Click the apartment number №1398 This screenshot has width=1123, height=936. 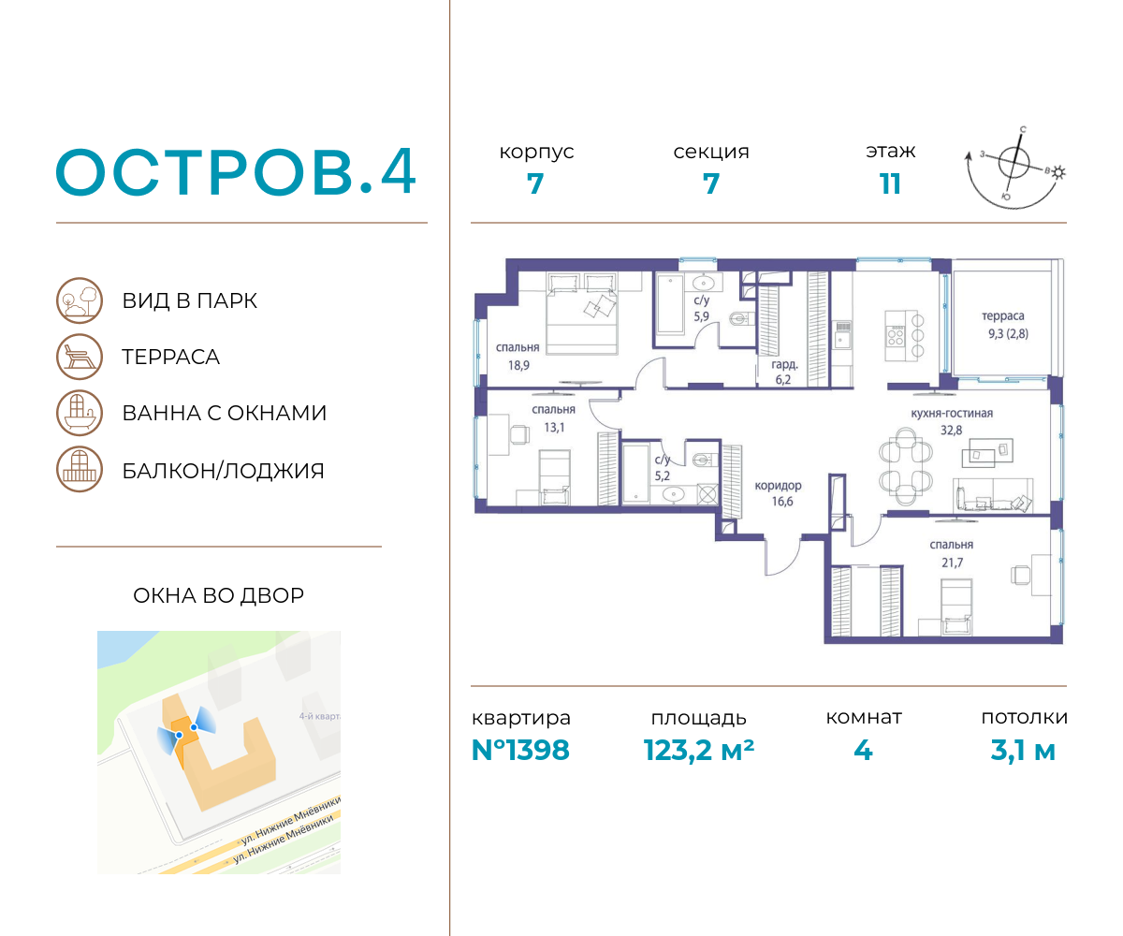coord(520,751)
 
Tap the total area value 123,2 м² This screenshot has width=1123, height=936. coord(699,751)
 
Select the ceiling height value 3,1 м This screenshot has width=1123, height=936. coord(1023,751)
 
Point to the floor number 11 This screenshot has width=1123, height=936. coord(890,184)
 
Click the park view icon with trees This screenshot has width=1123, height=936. coord(80,300)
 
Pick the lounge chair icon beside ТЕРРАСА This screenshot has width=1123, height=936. coord(80,357)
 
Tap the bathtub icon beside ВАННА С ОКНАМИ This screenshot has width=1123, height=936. coord(80,413)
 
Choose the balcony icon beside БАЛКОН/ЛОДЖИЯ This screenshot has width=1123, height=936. coord(80,469)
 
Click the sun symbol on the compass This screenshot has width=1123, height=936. coord(1058,172)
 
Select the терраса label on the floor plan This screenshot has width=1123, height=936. coord(1002,315)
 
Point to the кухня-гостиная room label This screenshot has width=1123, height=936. coord(952,413)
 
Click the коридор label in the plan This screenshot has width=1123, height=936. coord(778,485)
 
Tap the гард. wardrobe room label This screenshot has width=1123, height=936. coord(785,364)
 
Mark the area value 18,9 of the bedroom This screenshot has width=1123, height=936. coord(518,366)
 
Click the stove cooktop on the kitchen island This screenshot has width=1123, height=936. coord(896,335)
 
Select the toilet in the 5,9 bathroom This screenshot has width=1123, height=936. coord(741,319)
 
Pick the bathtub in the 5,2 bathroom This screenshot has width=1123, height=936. coord(635,473)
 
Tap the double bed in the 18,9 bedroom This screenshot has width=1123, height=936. coord(581,313)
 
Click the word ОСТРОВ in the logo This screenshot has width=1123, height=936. coord(207,172)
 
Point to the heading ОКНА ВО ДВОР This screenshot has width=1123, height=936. coord(218,595)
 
